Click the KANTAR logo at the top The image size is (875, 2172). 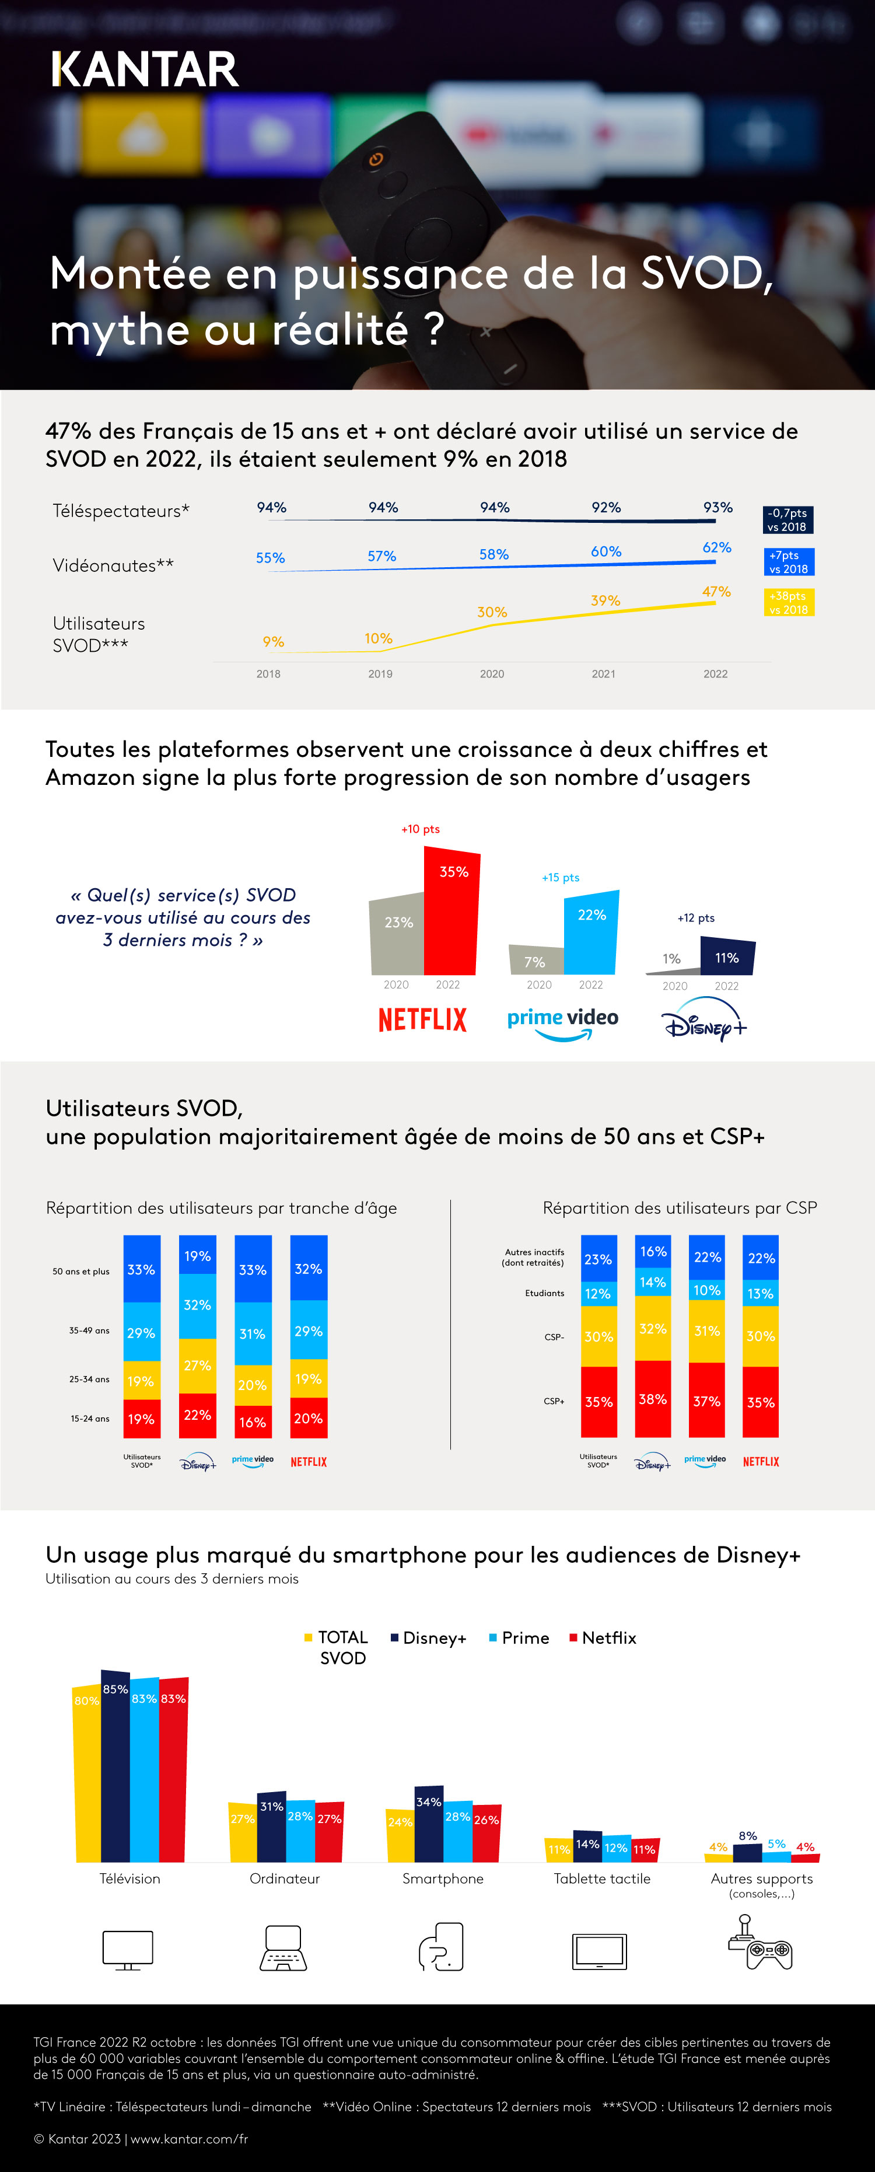click(145, 70)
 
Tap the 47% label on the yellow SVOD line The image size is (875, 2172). click(716, 592)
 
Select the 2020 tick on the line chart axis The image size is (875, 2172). click(491, 673)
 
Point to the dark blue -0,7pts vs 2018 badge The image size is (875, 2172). click(788, 519)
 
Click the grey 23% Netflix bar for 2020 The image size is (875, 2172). click(398, 934)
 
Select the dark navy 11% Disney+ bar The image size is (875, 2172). click(727, 957)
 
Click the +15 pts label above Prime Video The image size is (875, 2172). click(561, 877)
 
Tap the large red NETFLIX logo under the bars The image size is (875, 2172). click(422, 1020)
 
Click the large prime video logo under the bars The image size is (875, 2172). click(562, 1022)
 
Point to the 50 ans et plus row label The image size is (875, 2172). click(81, 1270)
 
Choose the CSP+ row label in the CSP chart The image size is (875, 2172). click(554, 1401)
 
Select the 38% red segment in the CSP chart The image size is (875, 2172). click(652, 1399)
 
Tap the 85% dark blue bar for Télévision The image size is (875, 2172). click(116, 1766)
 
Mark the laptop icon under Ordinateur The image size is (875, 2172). click(284, 1948)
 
